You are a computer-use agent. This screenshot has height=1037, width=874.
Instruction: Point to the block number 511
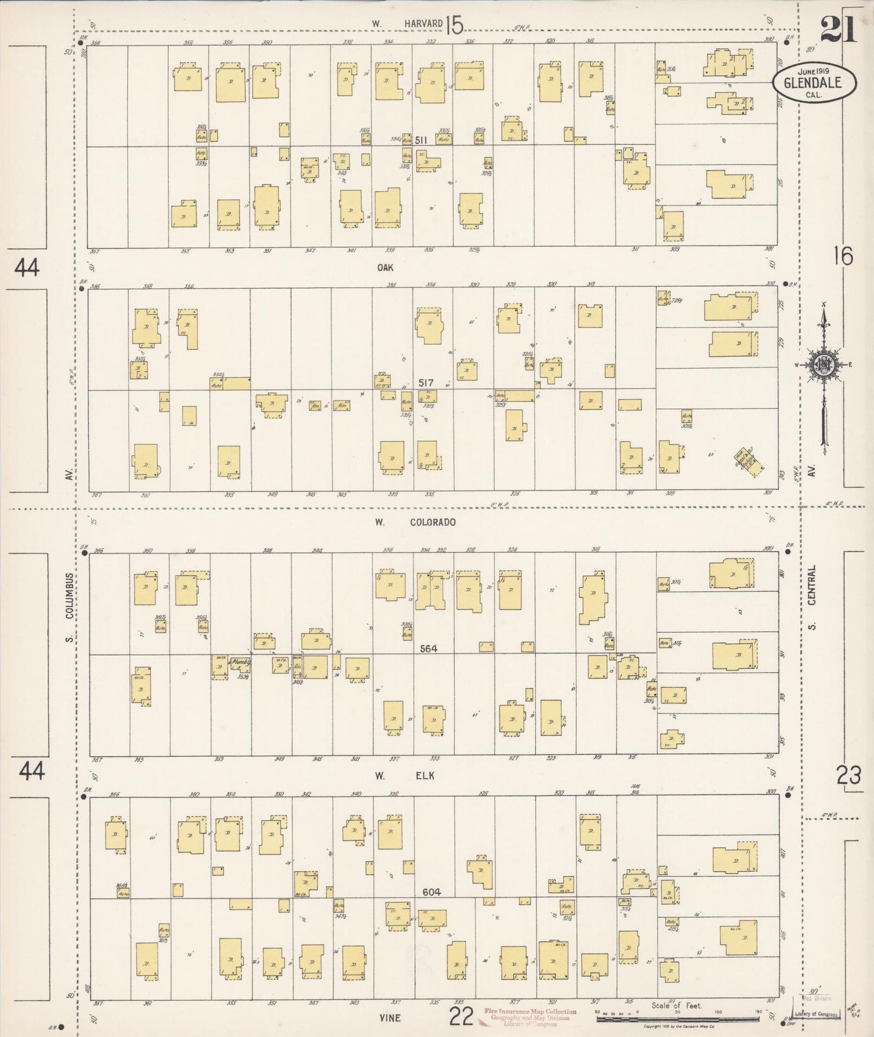421,140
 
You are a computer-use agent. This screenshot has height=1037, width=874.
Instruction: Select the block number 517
426,382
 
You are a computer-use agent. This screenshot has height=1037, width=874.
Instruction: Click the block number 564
428,649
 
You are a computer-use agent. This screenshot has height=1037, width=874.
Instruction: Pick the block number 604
432,892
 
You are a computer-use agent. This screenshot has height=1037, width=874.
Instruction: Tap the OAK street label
385,267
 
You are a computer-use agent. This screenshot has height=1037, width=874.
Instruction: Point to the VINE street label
390,1018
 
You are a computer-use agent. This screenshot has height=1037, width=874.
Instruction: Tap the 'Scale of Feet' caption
676,1006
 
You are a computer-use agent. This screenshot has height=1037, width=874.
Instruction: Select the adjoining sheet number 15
454,25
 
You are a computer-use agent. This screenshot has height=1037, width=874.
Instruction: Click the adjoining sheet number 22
461,1016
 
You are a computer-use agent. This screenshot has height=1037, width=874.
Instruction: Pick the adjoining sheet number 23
849,775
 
